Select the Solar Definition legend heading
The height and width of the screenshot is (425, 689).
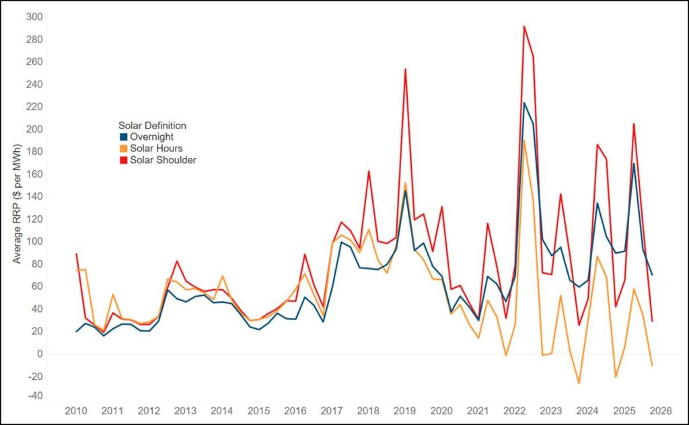pyautogui.click(x=152, y=125)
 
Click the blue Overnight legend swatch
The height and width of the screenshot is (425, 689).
pyautogui.click(x=123, y=137)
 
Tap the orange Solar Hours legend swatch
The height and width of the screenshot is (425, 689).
pyautogui.click(x=123, y=148)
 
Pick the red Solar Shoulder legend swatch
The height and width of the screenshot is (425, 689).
pyautogui.click(x=123, y=159)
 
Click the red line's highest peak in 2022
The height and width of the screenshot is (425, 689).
pyautogui.click(x=523, y=26)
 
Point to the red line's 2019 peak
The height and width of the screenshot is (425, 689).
pyautogui.click(x=405, y=69)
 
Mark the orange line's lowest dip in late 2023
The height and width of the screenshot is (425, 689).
pyautogui.click(x=578, y=383)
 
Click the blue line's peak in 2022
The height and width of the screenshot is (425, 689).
pyautogui.click(x=523, y=103)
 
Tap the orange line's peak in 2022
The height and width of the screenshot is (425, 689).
pyautogui.click(x=523, y=140)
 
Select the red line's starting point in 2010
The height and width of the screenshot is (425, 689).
pyautogui.click(x=77, y=254)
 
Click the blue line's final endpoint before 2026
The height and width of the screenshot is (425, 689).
pyautogui.click(x=652, y=275)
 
